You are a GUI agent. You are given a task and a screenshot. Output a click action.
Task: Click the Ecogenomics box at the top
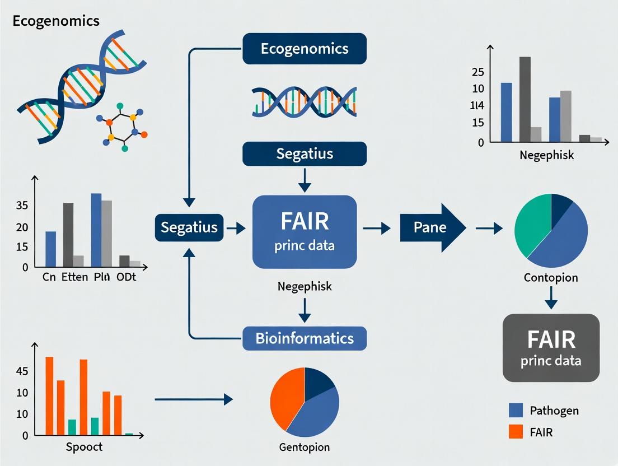(305, 48)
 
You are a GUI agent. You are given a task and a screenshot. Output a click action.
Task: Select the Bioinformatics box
(305, 338)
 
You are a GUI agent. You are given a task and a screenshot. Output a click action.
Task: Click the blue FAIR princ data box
(305, 231)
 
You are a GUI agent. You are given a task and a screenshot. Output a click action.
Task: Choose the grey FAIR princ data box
(551, 347)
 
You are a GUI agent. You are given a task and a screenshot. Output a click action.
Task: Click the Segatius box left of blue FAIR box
(189, 227)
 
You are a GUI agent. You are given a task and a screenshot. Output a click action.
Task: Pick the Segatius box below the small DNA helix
(305, 153)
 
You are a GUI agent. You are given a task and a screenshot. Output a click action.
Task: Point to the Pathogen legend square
(516, 411)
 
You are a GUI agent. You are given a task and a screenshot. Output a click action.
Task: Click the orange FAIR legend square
(516, 432)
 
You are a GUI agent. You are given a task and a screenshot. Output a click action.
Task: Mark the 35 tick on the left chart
(22, 206)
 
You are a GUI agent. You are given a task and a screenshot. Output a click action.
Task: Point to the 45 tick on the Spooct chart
(22, 371)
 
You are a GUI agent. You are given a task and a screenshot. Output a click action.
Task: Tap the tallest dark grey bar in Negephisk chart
(525, 99)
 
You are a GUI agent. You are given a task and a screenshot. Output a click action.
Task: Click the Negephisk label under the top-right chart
(546, 155)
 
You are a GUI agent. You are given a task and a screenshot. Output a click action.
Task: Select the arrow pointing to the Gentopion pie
(193, 399)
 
